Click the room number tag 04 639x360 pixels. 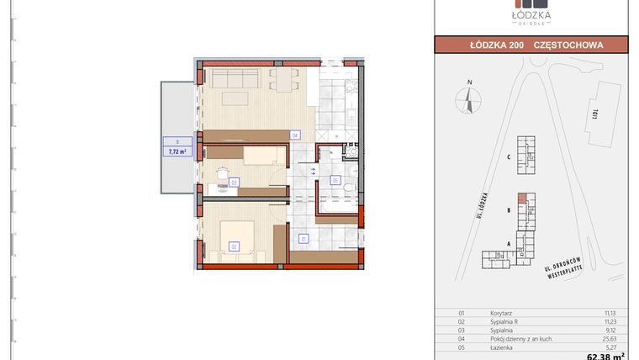[295, 135]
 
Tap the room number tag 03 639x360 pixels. [234, 182]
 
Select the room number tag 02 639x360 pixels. [234, 246]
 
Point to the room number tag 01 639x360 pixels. [304, 239]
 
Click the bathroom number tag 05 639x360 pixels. [335, 180]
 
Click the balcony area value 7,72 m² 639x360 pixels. [177, 151]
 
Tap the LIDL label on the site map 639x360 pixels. [595, 112]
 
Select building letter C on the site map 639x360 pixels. [510, 157]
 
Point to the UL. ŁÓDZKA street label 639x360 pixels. [479, 205]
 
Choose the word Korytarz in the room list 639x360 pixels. [501, 313]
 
